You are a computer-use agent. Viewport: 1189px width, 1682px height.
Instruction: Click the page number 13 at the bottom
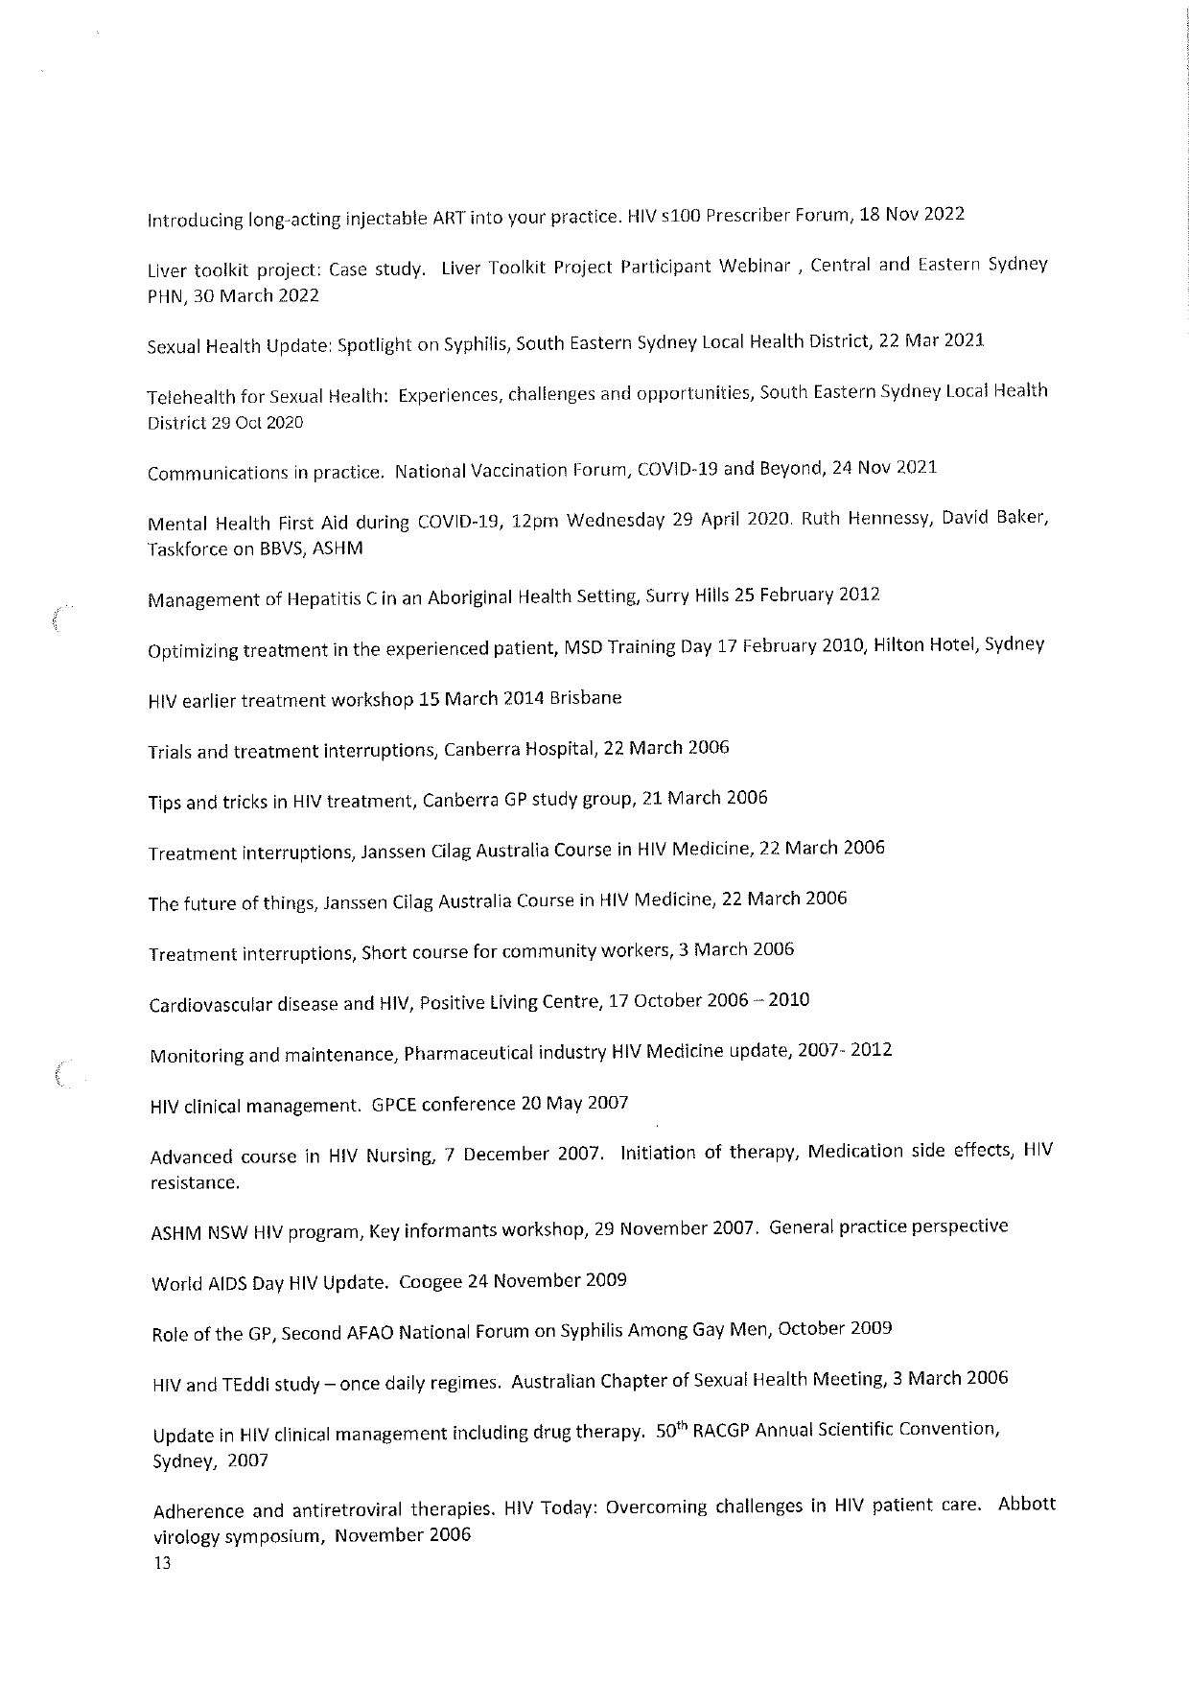(x=161, y=1563)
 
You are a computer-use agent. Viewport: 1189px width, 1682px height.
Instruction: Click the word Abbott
(x=1026, y=1504)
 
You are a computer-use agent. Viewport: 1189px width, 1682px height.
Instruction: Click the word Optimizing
(x=191, y=652)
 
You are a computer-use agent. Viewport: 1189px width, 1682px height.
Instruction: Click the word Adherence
(x=198, y=1512)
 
